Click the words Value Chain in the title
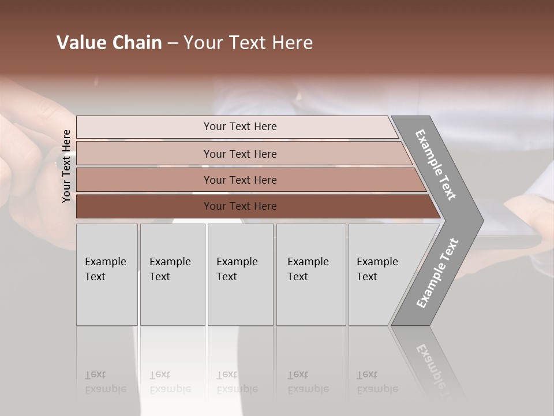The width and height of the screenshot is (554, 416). (x=109, y=43)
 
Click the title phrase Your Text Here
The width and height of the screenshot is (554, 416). (x=248, y=43)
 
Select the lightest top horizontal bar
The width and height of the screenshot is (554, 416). (x=144, y=127)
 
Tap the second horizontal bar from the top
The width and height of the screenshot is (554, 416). (x=144, y=154)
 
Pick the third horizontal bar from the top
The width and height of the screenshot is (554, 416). (x=144, y=180)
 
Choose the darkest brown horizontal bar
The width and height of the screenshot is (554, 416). (x=144, y=206)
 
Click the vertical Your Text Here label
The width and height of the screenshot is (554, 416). (x=66, y=166)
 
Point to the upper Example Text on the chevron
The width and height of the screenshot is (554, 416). (x=436, y=165)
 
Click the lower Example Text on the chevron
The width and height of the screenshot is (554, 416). (x=437, y=273)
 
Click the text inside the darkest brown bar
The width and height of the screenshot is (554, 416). (x=240, y=206)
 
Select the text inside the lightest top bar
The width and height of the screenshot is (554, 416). (x=240, y=127)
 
